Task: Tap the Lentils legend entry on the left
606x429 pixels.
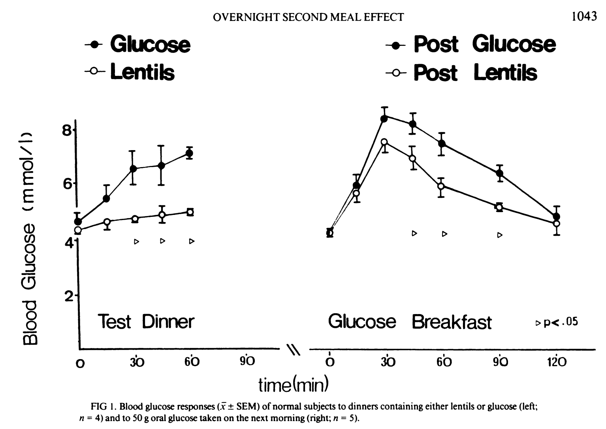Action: click(x=130, y=72)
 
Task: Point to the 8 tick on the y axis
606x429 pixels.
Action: click(x=67, y=130)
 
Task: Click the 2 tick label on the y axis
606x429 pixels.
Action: click(x=68, y=295)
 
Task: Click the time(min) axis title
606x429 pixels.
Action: click(x=294, y=384)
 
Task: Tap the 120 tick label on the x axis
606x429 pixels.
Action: click(x=557, y=361)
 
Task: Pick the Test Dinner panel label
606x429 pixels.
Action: click(x=146, y=322)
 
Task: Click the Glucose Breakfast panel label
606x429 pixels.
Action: click(x=410, y=322)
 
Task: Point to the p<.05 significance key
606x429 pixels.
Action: click(x=557, y=322)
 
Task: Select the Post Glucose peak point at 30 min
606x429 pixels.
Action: click(x=384, y=118)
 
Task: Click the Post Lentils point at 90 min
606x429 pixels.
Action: click(x=499, y=207)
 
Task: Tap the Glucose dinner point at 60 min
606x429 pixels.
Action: click(x=190, y=153)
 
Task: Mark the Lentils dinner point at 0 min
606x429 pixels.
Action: click(x=78, y=230)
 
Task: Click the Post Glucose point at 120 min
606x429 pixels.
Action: click(x=557, y=216)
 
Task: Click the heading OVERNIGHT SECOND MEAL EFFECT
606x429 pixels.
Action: click(x=308, y=17)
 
